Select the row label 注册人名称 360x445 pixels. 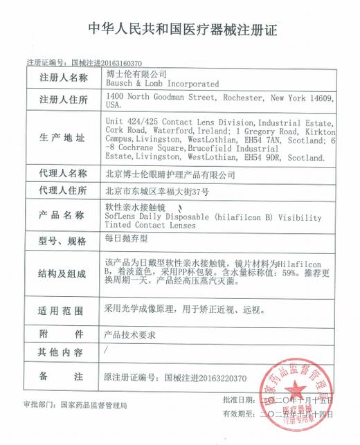tap(64, 78)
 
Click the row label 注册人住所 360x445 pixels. tap(64, 100)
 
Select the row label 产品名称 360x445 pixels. tap(64, 210)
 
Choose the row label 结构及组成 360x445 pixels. tap(64, 273)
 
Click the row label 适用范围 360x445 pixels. tap(64, 310)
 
